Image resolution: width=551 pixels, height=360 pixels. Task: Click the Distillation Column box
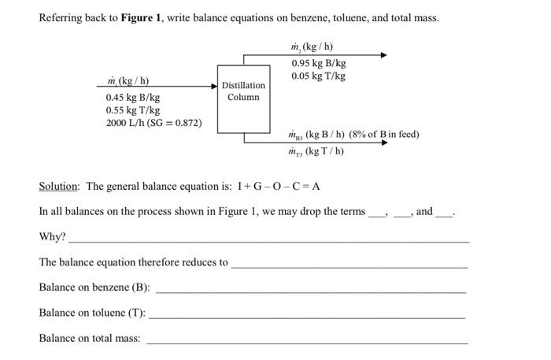point(243,91)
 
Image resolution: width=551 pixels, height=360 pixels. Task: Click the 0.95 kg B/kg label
point(318,63)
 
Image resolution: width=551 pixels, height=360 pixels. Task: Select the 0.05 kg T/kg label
point(318,76)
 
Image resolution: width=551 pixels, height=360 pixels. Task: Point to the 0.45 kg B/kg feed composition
point(132,98)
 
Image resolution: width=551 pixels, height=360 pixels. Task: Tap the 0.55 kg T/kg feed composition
point(132,110)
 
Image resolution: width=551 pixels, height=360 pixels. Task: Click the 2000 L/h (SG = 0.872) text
point(153,124)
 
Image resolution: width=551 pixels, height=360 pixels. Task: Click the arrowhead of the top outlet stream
point(383,55)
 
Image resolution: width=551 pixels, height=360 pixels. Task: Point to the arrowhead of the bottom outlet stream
point(383,143)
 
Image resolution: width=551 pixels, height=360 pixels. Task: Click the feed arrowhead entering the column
point(214,86)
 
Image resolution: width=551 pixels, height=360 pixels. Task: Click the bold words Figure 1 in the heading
point(143,17)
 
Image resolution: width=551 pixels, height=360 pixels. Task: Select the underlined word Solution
point(59,187)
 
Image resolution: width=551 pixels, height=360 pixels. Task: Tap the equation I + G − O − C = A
point(275,187)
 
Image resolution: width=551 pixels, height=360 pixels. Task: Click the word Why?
point(53,237)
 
